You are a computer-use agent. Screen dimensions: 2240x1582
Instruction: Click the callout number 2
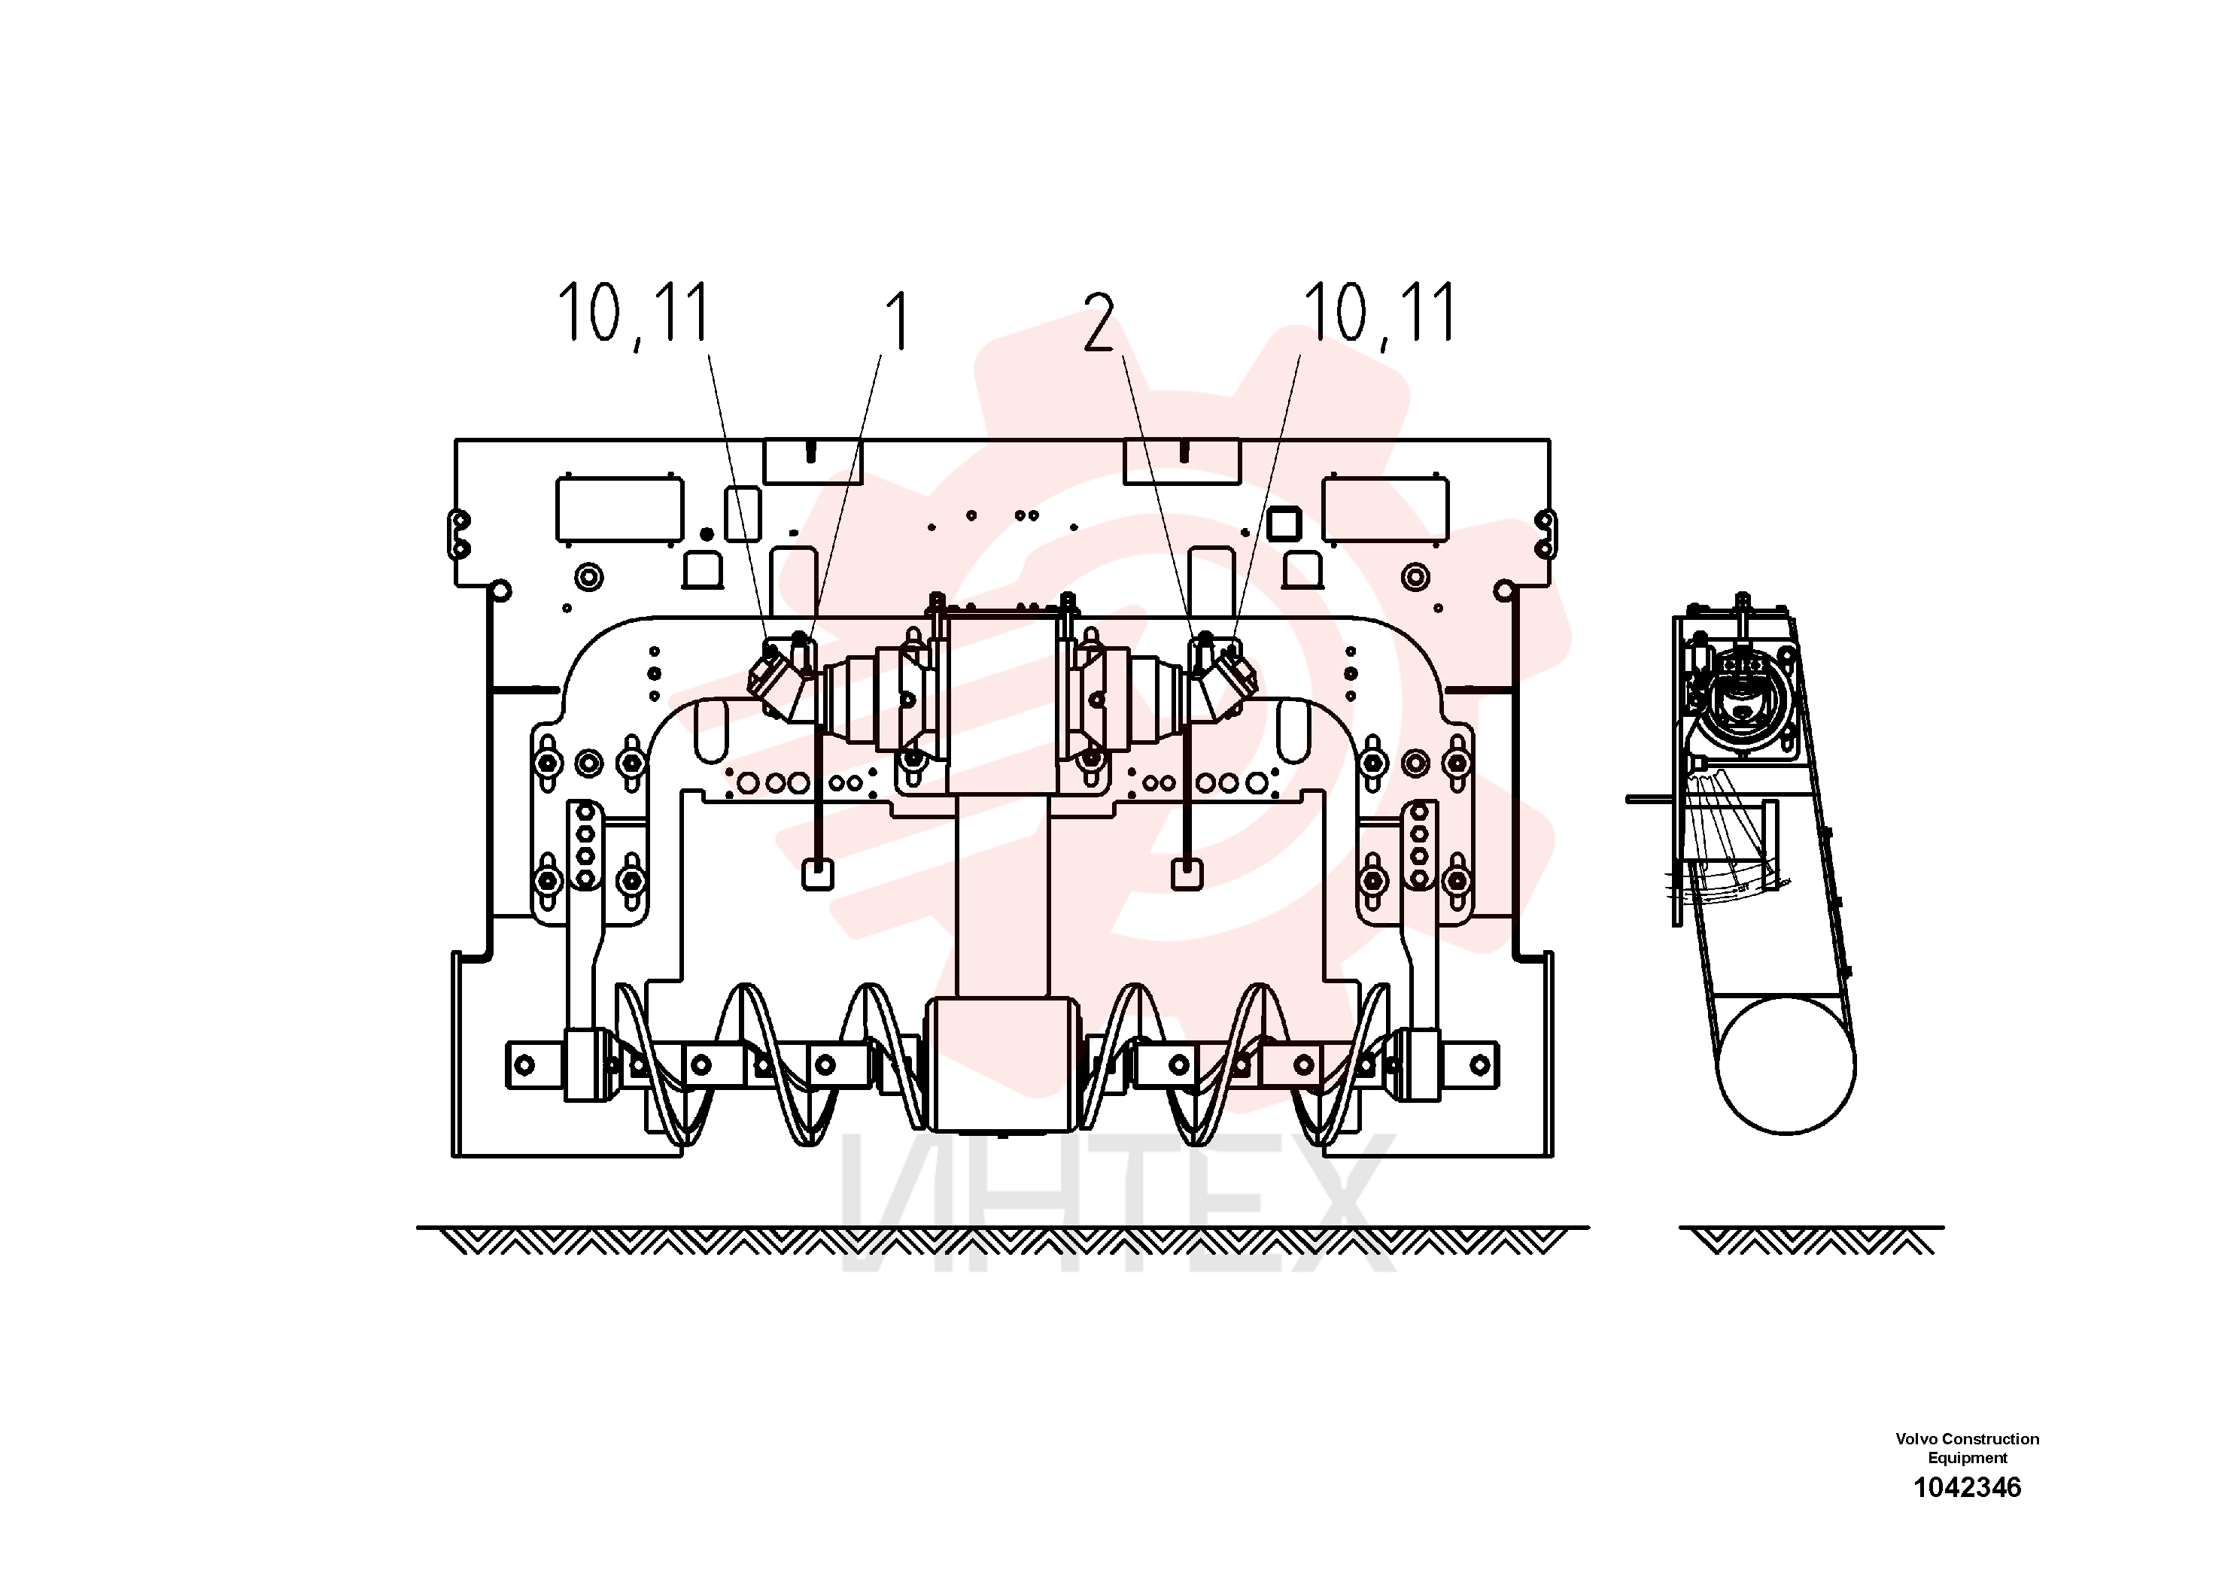1099,323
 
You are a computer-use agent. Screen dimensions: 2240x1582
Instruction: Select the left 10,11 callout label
633,313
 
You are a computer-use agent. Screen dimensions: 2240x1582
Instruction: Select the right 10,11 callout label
1379,313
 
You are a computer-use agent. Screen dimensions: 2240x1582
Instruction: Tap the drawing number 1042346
1967,1487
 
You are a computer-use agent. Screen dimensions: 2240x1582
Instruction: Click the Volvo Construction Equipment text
1967,1447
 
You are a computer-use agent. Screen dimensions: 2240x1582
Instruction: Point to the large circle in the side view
1786,1064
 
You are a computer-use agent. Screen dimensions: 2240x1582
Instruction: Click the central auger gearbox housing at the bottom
1003,1064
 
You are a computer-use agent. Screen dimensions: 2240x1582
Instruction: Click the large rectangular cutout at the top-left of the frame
619,509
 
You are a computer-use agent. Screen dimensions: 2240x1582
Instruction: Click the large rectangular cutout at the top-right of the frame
1385,509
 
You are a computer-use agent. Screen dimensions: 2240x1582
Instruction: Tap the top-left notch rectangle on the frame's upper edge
812,460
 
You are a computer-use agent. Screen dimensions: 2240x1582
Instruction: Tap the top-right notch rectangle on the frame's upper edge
1181,460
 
